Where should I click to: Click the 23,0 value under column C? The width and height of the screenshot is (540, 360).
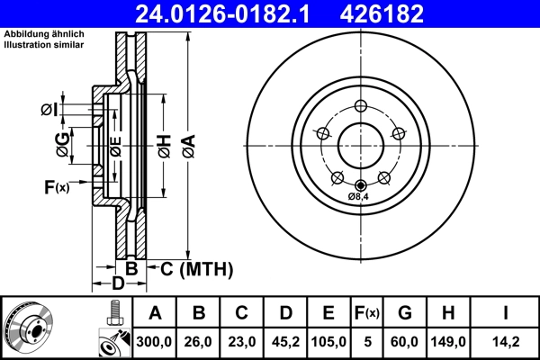(x=242, y=342)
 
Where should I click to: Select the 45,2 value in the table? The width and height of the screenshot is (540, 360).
(x=286, y=342)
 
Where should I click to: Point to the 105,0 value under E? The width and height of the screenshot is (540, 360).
(x=329, y=342)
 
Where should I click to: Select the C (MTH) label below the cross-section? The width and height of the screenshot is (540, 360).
(x=196, y=268)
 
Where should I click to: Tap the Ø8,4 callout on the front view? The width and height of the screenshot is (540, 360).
(x=360, y=196)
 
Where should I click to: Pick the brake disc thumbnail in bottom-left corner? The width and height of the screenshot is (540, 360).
(x=31, y=328)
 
